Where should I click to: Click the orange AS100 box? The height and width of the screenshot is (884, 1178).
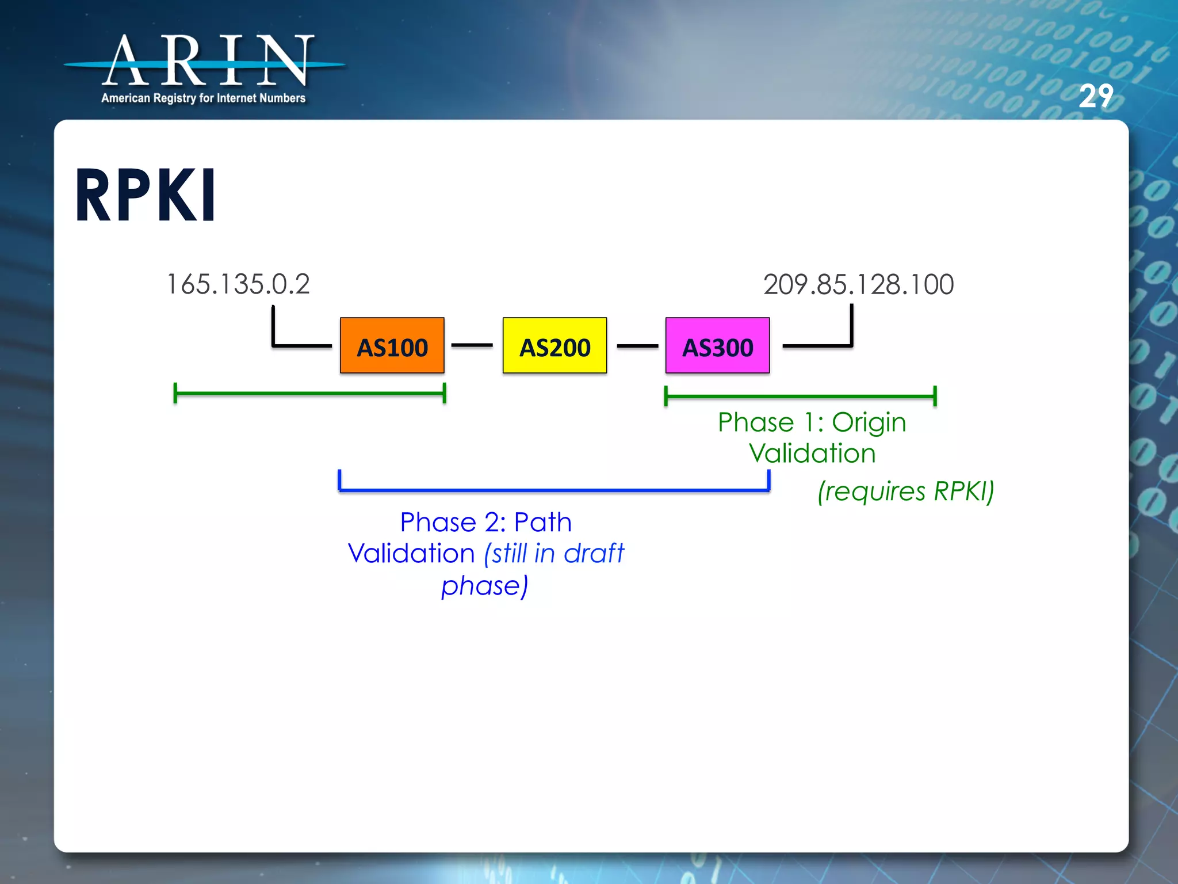392,346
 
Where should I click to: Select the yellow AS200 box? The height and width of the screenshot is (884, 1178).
554,346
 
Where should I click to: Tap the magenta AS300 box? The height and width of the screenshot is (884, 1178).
717,346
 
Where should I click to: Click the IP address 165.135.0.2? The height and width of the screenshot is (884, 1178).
238,284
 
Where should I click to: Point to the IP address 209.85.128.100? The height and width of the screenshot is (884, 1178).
858,284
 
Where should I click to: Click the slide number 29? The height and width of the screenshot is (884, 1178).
1095,96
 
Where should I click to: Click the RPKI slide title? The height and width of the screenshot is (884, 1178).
146,196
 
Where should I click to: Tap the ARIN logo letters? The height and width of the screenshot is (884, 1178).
207,61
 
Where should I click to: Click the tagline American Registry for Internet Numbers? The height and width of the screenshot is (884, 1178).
203,98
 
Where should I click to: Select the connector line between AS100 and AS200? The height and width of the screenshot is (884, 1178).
472,345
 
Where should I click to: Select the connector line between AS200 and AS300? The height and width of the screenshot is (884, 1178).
637,346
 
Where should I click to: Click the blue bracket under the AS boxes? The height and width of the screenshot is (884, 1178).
553,490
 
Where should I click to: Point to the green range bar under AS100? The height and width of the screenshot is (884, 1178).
309,394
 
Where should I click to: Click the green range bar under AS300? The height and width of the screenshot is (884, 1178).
800,396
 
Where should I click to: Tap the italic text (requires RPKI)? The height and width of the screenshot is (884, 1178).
906,491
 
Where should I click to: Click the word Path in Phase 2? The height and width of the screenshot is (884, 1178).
542,523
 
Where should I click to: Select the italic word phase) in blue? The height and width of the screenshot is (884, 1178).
484,586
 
